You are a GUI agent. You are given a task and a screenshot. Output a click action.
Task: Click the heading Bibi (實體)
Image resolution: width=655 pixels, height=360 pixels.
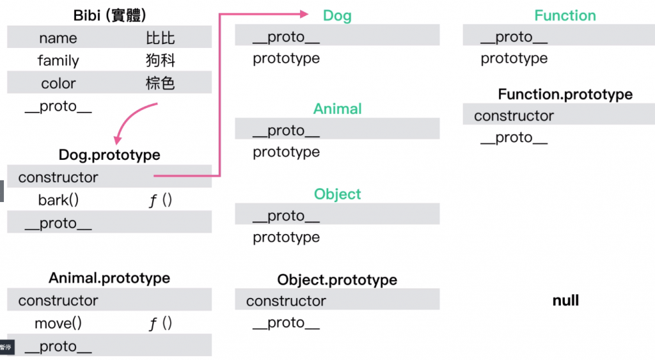tap(109, 15)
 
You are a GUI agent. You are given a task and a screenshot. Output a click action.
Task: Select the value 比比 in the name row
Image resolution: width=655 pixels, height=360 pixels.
tap(160, 38)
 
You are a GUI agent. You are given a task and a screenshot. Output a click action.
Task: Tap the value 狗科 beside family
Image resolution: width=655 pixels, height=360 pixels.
tap(160, 61)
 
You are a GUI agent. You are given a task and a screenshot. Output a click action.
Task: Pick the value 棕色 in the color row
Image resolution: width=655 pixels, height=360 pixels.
tap(160, 83)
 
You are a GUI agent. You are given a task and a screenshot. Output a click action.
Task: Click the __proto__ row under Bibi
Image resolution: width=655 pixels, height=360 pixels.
tap(58, 106)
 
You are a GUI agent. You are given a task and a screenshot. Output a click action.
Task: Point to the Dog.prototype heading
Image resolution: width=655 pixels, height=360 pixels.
tap(109, 155)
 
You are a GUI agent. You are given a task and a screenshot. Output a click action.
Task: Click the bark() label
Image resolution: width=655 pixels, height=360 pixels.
tap(58, 200)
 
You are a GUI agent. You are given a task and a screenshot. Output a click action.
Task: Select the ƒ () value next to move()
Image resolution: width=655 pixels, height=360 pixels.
tap(160, 324)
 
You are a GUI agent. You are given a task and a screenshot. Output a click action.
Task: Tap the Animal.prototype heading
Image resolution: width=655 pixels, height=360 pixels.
tap(109, 278)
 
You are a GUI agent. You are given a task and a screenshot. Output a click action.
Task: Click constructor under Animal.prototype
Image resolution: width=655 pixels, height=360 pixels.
tap(58, 301)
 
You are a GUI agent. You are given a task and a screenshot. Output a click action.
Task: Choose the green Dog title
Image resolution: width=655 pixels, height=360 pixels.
tap(337, 15)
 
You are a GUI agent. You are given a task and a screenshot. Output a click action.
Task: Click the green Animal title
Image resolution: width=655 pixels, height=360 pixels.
tap(337, 109)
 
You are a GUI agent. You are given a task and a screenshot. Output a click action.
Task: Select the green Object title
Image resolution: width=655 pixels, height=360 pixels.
tap(337, 194)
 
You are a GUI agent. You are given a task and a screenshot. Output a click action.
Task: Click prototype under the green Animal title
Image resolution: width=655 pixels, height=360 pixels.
tap(286, 152)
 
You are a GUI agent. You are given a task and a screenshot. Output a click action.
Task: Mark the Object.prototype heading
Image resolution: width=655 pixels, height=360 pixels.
tap(337, 280)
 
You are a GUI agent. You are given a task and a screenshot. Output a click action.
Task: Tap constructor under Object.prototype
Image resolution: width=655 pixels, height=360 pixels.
tap(286, 301)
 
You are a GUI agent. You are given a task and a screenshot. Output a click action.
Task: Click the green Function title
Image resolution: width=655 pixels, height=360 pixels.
tap(565, 15)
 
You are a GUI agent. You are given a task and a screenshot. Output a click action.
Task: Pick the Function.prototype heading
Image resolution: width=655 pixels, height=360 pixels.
tap(565, 95)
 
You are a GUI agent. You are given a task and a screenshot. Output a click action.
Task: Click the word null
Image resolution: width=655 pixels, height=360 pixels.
tap(565, 300)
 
